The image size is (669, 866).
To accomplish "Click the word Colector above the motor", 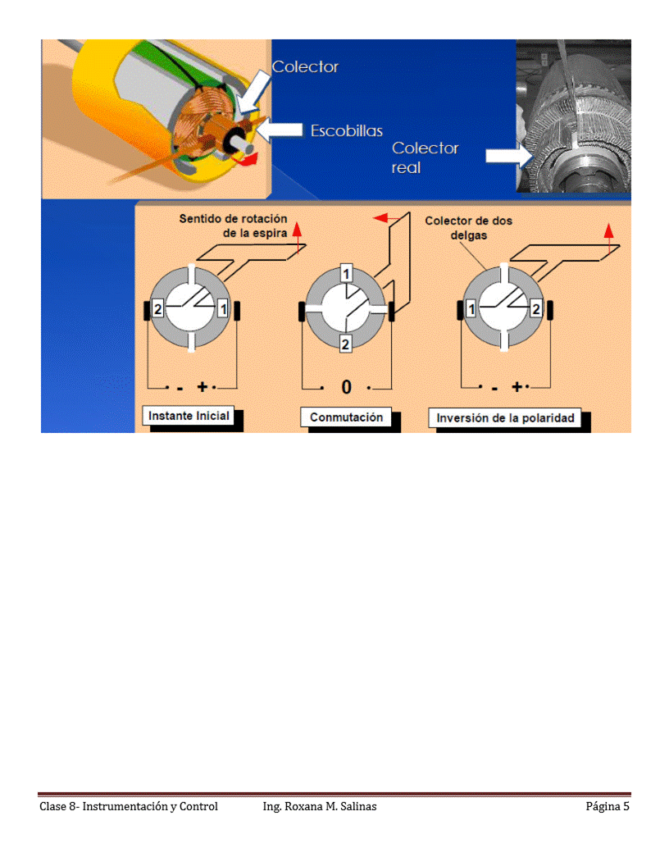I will tap(305, 67).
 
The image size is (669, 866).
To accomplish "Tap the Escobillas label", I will tap(346, 130).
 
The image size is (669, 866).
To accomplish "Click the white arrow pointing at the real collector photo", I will tap(503, 156).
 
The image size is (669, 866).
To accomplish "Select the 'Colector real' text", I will tap(425, 157).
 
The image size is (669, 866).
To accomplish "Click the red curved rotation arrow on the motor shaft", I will tap(248, 160).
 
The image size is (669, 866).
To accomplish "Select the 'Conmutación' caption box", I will tap(346, 417).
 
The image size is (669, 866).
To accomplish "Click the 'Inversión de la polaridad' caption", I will tap(505, 418).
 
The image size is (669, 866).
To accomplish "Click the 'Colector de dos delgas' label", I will tap(469, 227).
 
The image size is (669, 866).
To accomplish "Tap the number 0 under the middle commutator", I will tap(346, 387).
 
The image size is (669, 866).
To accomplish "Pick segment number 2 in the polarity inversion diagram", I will tap(535, 309).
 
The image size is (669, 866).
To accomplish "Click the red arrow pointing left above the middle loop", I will tap(381, 218).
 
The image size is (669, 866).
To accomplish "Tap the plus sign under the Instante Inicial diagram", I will tap(202, 386).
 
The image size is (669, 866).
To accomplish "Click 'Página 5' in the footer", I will tap(607, 806).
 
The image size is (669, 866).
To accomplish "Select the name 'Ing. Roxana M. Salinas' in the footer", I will tap(320, 806).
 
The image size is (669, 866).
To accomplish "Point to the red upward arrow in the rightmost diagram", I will tap(608, 230).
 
